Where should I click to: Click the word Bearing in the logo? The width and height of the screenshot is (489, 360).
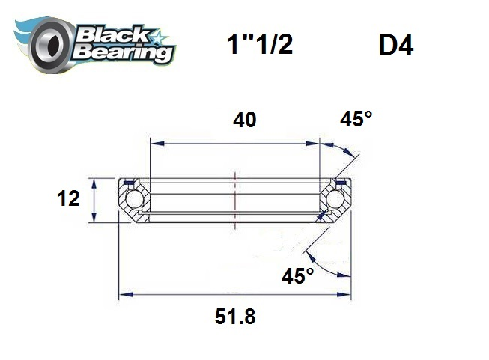point(124,53)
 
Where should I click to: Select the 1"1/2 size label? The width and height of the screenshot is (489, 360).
point(259,46)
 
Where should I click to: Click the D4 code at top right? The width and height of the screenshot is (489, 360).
point(396,46)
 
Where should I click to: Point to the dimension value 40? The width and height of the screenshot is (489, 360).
point(244,119)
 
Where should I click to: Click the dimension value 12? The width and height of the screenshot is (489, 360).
point(69,199)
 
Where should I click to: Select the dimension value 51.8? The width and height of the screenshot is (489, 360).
point(235,317)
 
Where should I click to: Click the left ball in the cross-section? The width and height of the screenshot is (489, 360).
point(135,200)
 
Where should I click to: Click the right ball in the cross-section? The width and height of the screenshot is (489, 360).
point(335,200)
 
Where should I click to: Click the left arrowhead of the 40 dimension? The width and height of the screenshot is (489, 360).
point(153,142)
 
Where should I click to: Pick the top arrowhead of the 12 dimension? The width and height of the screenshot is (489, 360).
point(94,182)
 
